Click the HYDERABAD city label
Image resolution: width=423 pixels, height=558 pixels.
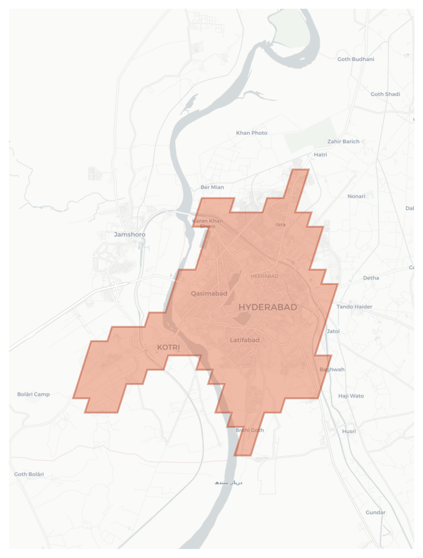pos(268,307)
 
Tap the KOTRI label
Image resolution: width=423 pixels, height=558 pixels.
pos(168,347)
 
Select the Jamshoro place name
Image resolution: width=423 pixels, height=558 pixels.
pos(130,234)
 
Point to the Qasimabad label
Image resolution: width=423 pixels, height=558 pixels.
pos(209,293)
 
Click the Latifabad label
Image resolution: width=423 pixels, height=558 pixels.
pos(244,340)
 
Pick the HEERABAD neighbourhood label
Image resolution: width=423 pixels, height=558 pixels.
pos(264,276)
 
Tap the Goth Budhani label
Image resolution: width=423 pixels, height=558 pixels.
pos(355,59)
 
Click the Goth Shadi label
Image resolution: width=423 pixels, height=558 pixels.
pos(385,94)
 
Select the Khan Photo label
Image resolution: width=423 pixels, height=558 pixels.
pos(251,133)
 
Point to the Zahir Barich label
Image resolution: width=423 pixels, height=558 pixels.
pos(343,141)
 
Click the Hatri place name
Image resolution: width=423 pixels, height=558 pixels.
pos(320,155)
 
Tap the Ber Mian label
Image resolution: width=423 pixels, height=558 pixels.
pos(212,187)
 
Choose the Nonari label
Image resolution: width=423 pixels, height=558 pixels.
pos(356,196)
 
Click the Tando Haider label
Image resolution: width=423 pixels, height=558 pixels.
pos(354,307)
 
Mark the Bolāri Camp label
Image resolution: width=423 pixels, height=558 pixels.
pos(33,394)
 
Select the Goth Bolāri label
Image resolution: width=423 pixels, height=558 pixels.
pos(29,474)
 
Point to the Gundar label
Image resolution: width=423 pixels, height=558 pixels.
pos(375,512)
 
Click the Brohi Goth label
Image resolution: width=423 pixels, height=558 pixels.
pos(249,430)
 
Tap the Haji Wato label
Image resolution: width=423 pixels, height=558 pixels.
pos(351,396)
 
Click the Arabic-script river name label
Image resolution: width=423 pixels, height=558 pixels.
pos(228,483)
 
